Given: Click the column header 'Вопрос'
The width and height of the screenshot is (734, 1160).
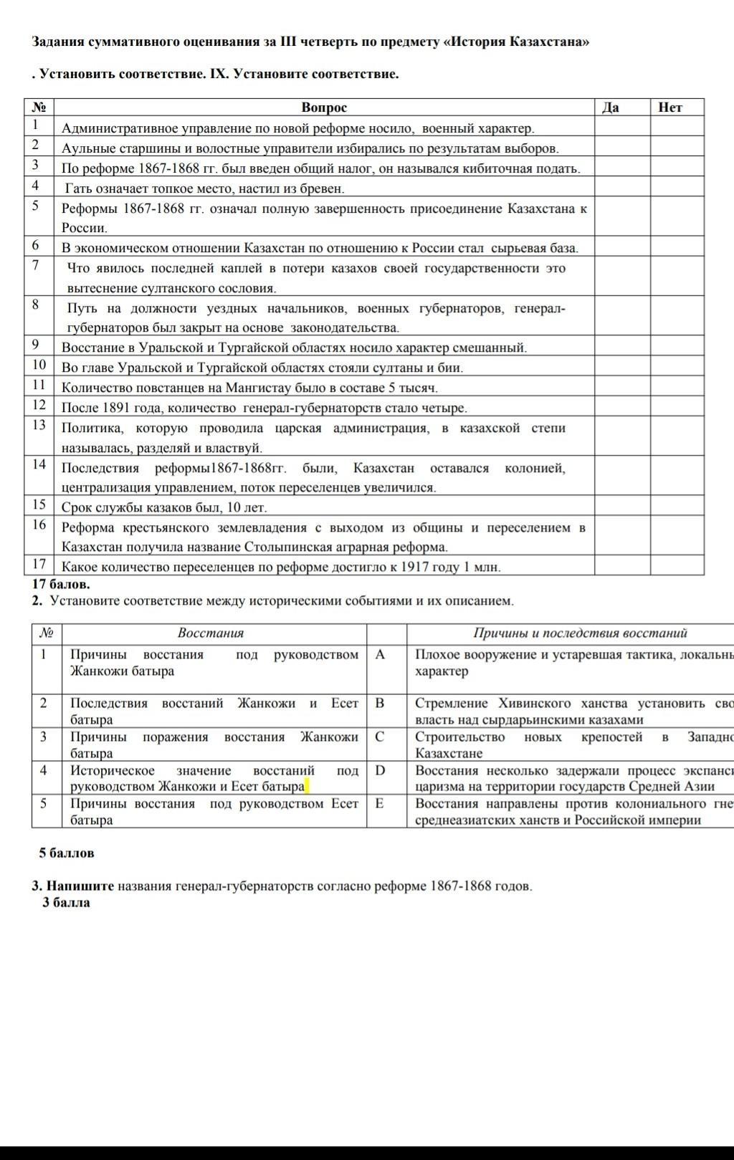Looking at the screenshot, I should (324, 107).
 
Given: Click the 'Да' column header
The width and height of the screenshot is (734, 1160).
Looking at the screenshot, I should (610, 107).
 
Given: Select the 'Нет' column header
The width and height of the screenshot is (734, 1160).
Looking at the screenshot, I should (670, 107).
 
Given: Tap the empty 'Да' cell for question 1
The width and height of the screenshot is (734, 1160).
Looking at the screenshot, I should (622, 128).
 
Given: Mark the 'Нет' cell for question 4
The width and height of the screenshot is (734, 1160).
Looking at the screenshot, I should (677, 188).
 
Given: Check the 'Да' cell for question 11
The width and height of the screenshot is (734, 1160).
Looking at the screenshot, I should (622, 387).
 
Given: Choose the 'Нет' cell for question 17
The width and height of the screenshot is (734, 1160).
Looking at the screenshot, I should (677, 566).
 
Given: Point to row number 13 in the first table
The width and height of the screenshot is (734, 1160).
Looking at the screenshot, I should (39, 425).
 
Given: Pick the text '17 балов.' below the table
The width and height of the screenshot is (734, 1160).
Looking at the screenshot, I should (61, 584).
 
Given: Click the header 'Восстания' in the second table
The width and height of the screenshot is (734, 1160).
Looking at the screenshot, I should (211, 633).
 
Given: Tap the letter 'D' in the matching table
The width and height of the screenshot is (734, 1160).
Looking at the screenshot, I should (380, 770).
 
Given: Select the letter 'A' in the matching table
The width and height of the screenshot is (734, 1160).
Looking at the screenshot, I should (380, 654).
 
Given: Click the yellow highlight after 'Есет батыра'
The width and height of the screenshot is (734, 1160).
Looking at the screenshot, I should (307, 787).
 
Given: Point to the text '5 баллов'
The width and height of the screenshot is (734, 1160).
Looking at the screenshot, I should (67, 853).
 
